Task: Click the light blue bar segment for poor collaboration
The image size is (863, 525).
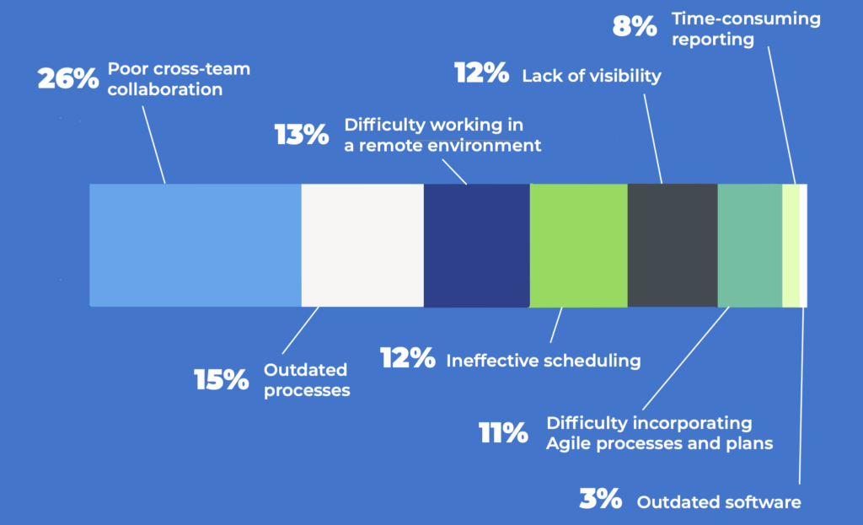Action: pos(196,245)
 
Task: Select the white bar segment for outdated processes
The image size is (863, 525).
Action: pos(362,245)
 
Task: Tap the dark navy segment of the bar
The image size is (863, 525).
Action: pos(476,245)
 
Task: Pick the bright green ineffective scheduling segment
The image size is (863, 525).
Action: pos(578,245)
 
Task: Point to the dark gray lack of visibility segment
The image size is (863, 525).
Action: pos(672,245)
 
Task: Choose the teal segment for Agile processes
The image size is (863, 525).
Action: pos(749,245)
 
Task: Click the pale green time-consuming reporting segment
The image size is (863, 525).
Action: pos(791,245)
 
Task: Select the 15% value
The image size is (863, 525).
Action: pos(222,380)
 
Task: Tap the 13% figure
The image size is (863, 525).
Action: pos(301,135)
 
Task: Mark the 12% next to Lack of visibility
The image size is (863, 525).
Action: pos(481,73)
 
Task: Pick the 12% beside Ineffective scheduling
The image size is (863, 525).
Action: pos(407,359)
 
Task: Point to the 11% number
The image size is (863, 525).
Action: pos(503,433)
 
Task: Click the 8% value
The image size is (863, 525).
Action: pos(634,26)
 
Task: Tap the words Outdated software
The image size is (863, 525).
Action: pos(718,502)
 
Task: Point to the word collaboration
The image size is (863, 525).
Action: pos(165,88)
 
